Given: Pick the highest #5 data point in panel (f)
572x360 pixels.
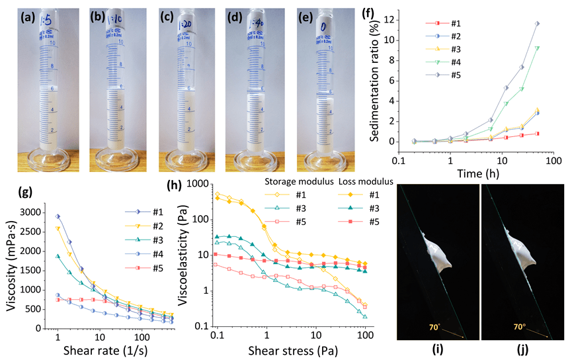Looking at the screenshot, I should (538, 24).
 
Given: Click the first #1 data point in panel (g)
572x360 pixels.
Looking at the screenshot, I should (58, 216).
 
